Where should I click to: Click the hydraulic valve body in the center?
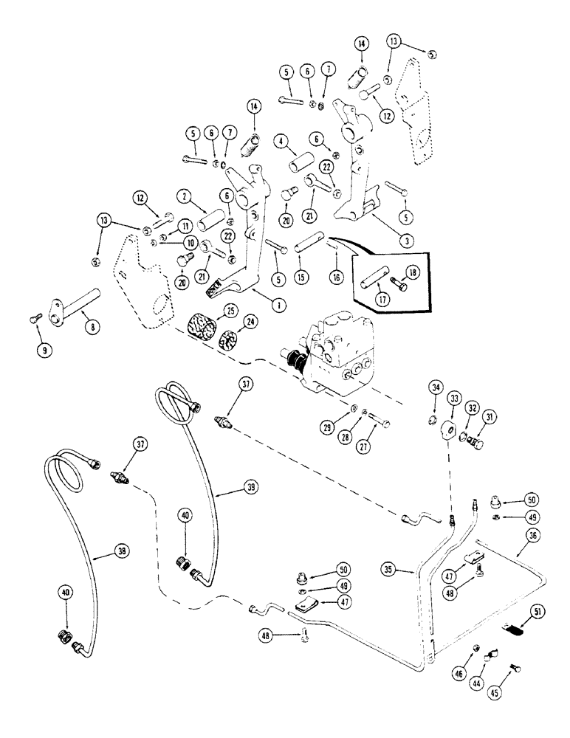pos(336,347)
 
